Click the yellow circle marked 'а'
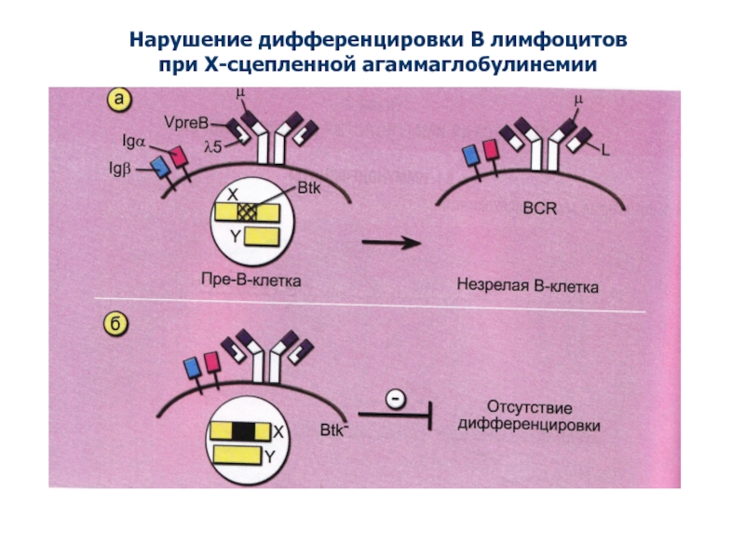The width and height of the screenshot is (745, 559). point(119,101)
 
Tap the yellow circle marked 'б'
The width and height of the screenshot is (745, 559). point(115,325)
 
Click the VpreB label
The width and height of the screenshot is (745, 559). point(186,123)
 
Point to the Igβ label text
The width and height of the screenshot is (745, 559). point(120,170)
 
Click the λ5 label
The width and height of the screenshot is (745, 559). point(213,147)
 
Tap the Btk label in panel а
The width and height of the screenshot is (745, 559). point(309,188)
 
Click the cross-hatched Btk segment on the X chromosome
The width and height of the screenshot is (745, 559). point(247,212)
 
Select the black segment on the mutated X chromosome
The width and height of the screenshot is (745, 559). point(244,431)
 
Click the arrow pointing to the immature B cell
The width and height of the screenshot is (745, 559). point(391,243)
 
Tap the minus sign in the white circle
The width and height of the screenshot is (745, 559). point(395,399)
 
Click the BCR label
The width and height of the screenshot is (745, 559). point(539,209)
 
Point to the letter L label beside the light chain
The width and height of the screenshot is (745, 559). point(604,151)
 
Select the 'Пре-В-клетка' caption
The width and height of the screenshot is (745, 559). point(251,280)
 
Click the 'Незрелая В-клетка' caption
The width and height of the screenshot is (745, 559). point(528,286)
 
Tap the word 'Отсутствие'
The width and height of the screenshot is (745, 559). point(529,407)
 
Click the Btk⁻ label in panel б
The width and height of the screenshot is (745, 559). point(334,429)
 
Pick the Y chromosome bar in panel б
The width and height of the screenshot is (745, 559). point(237,455)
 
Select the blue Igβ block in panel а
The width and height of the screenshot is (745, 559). point(160,167)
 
